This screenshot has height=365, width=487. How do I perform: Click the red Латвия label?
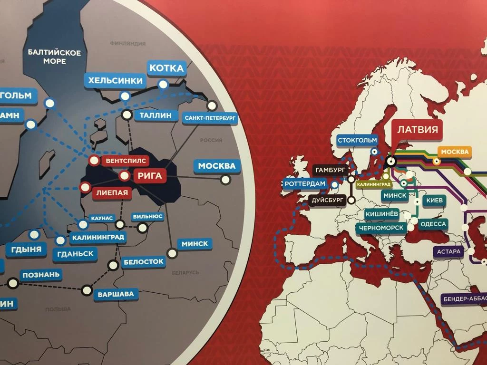[x=417, y=130]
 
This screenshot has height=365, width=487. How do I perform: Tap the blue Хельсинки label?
[x=114, y=80]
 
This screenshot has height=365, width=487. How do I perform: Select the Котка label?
[x=166, y=68]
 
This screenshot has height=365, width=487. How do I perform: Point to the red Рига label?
[x=150, y=176]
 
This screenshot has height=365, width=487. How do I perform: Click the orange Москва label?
[x=455, y=152]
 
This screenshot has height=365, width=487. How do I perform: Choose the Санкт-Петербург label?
[x=210, y=117]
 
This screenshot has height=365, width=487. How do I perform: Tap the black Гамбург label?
[x=331, y=170]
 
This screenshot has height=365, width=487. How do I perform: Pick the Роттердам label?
[x=305, y=184]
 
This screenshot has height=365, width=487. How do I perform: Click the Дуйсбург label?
[x=328, y=200]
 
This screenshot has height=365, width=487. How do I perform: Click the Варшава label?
[x=116, y=294]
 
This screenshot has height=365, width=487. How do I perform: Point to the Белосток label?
[x=143, y=261]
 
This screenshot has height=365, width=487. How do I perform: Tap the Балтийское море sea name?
[x=54, y=57]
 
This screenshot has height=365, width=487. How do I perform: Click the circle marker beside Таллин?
[x=127, y=114]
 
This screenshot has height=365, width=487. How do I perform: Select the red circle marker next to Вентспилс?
[x=94, y=160]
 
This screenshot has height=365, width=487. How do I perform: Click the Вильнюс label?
[x=148, y=216]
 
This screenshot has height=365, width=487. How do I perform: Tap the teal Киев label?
[x=435, y=201]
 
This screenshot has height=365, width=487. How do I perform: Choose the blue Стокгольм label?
[x=357, y=140]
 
